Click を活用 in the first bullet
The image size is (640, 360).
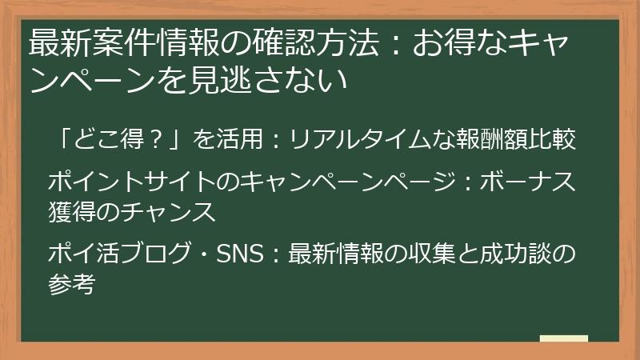tap(228, 140)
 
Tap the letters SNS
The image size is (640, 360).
tap(239, 254)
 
